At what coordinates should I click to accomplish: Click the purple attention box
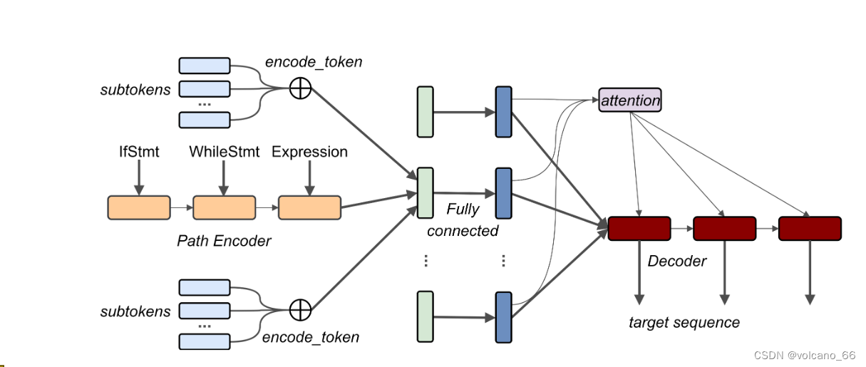pyautogui.click(x=630, y=100)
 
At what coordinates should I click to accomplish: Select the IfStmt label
pyautogui.click(x=139, y=152)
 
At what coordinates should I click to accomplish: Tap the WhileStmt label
pyautogui.click(x=223, y=152)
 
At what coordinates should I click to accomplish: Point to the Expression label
pyautogui.click(x=309, y=152)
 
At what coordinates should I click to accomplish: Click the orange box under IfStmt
pyautogui.click(x=139, y=207)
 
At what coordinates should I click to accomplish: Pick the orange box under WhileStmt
pyautogui.click(x=224, y=207)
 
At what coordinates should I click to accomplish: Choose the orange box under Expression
pyautogui.click(x=309, y=207)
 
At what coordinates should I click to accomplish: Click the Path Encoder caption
pyautogui.click(x=224, y=241)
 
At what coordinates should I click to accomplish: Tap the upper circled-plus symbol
pyautogui.click(x=301, y=88)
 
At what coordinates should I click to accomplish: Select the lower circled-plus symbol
pyautogui.click(x=301, y=310)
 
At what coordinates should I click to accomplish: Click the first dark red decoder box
pyautogui.click(x=639, y=229)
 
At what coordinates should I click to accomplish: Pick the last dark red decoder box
pyautogui.click(x=810, y=229)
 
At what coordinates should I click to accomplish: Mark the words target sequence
pyautogui.click(x=684, y=323)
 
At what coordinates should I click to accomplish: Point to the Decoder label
pyautogui.click(x=677, y=262)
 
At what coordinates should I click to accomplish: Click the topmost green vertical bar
pyautogui.click(x=425, y=112)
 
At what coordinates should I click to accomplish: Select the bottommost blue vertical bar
pyautogui.click(x=503, y=317)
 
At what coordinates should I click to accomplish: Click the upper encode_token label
pyautogui.click(x=314, y=62)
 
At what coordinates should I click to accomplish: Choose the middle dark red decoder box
pyautogui.click(x=724, y=229)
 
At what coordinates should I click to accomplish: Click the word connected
pyautogui.click(x=463, y=231)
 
